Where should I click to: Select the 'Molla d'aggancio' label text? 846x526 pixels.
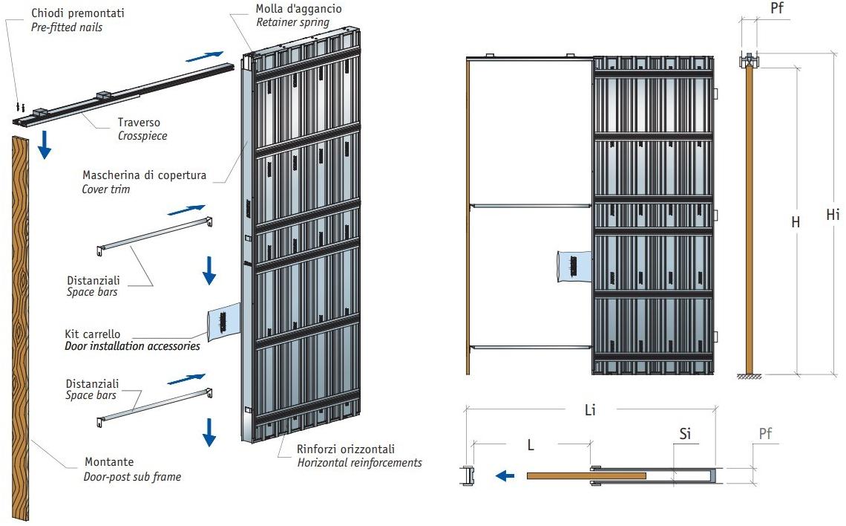(298, 9)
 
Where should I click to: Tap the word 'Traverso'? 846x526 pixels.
(139, 122)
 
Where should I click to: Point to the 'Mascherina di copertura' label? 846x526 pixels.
(145, 176)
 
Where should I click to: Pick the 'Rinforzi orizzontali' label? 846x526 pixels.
(346, 449)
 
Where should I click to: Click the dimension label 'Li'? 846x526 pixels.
(591, 409)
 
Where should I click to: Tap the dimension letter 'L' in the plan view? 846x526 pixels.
(531, 445)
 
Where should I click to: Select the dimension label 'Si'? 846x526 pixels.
(685, 433)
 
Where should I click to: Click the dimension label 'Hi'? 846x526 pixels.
(833, 215)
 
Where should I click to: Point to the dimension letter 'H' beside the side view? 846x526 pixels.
(796, 221)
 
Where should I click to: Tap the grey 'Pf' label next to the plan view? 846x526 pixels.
(767, 433)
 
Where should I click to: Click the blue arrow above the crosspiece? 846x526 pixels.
(203, 55)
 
